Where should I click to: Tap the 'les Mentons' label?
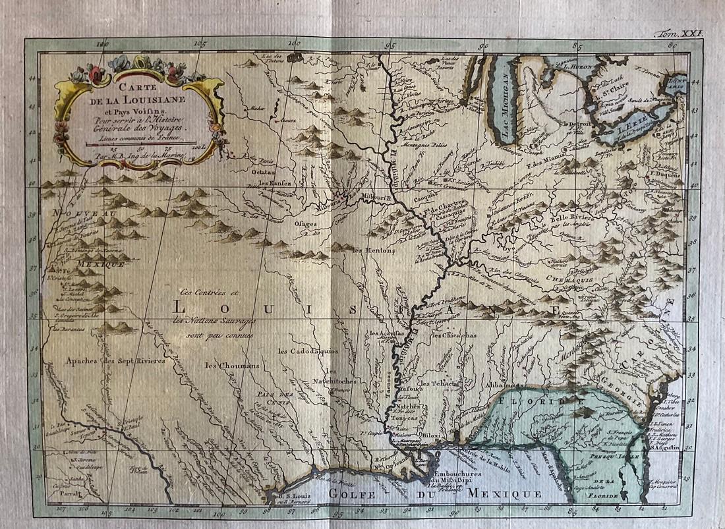[x=373, y=250]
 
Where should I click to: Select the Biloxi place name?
[x=432, y=435]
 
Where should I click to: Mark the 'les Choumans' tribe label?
[x=231, y=366]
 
